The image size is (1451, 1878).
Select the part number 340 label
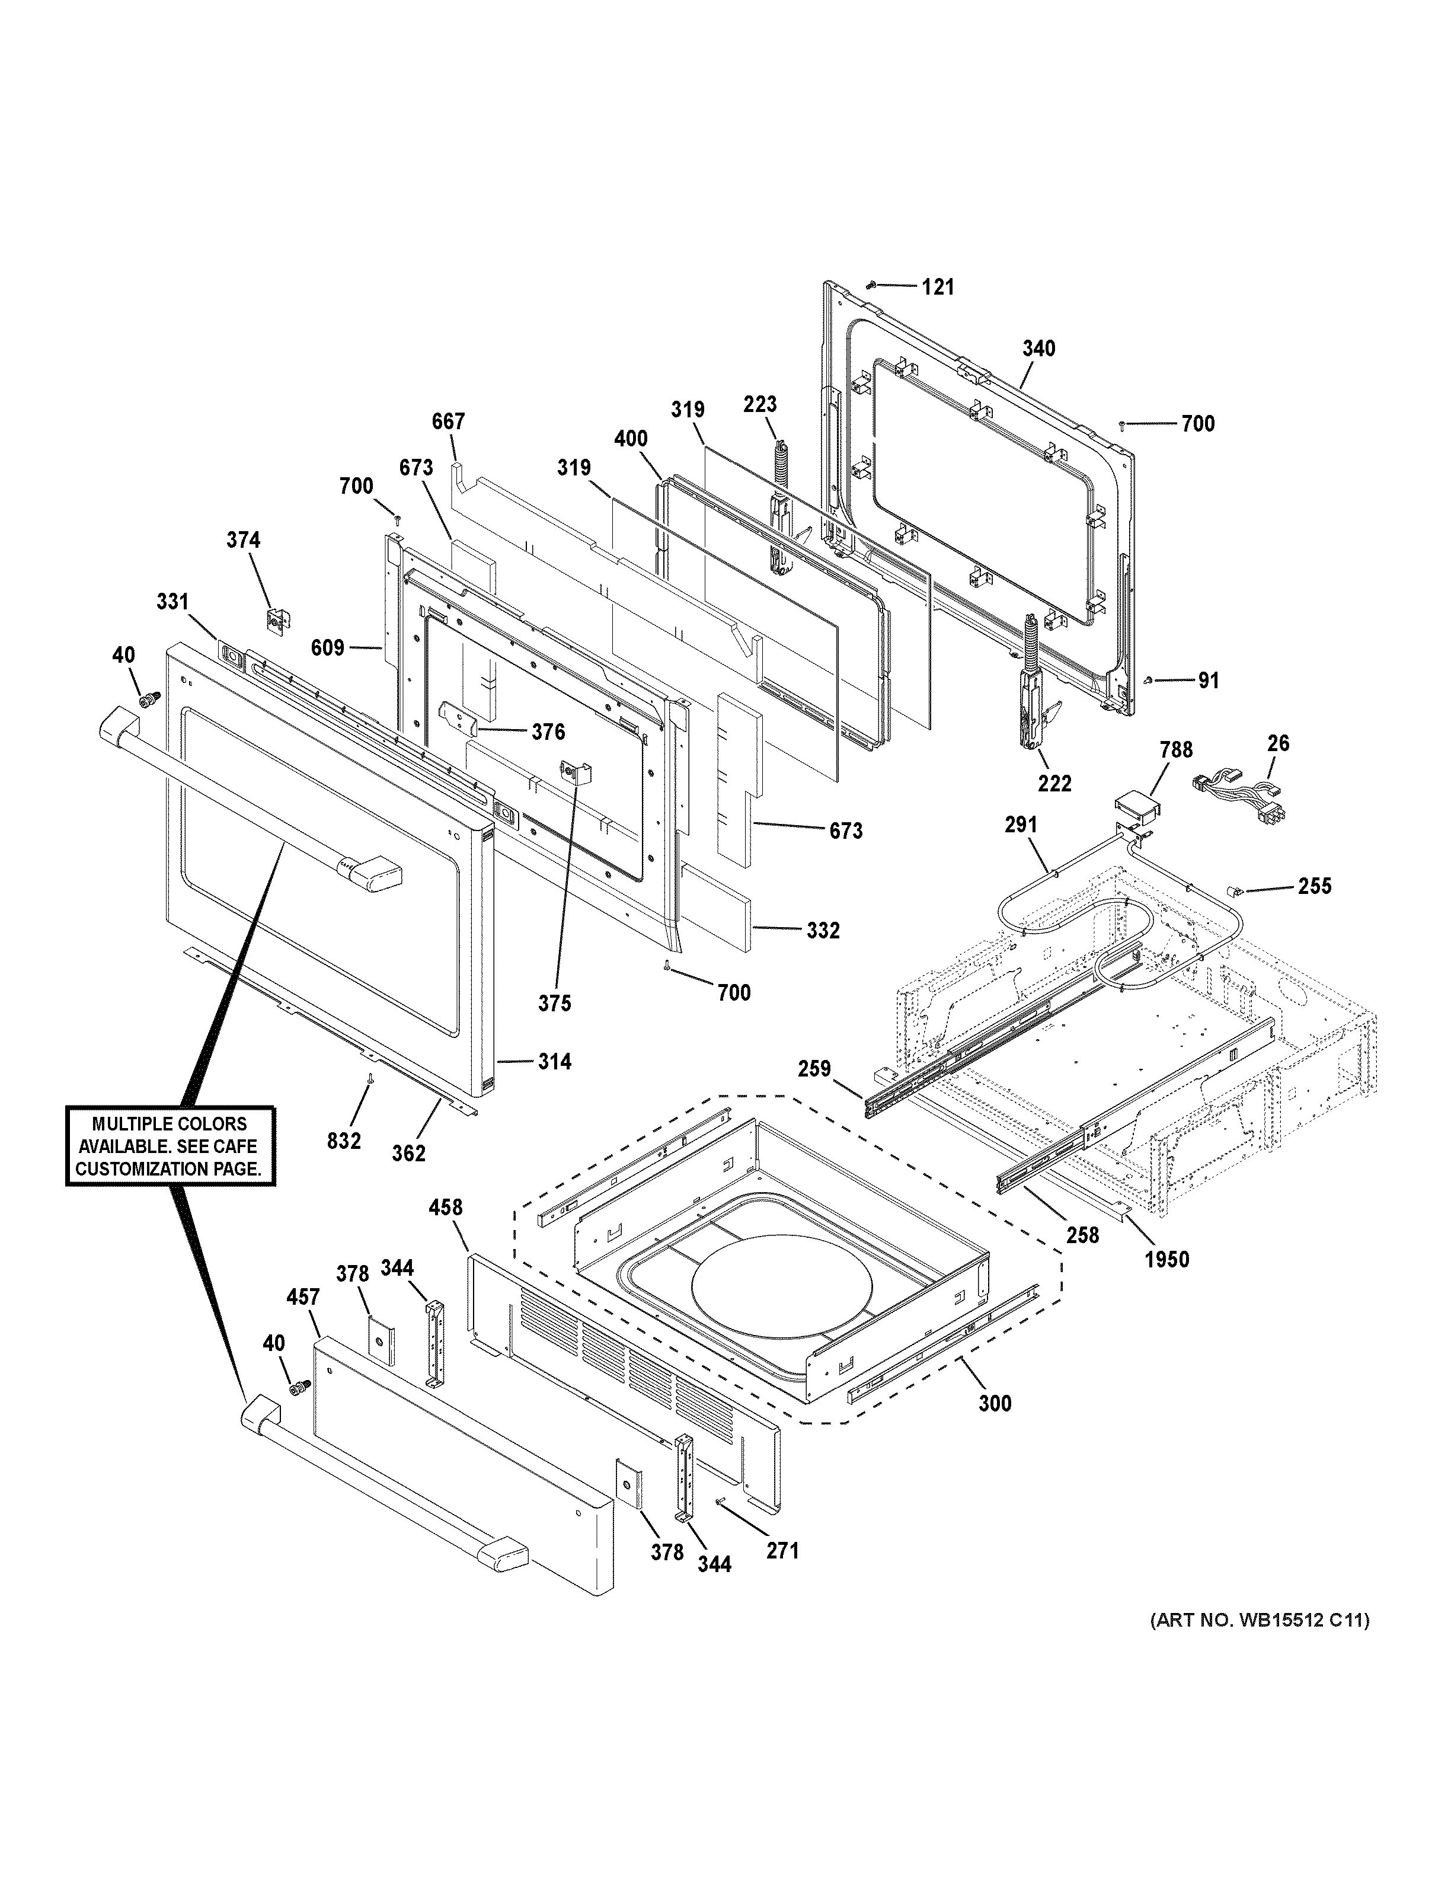pos(1038,348)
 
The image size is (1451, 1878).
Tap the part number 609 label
pos(328,647)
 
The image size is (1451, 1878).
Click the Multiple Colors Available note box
pos(170,1146)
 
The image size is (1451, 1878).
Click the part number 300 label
pos(995,1403)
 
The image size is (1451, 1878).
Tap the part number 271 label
pos(782,1550)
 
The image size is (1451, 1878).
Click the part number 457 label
pos(302,1298)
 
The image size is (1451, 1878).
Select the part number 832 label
pos(344,1141)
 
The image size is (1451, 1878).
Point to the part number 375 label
pos(554,1002)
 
